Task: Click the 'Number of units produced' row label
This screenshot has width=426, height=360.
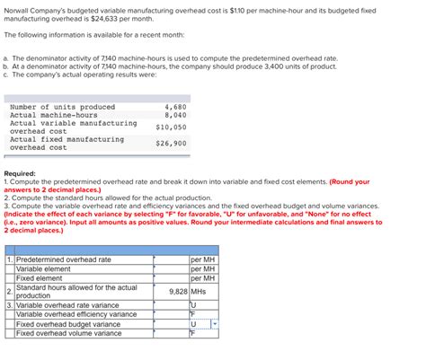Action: [x=62, y=107]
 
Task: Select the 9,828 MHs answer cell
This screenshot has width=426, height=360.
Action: [x=187, y=292]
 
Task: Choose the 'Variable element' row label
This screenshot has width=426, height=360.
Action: [x=43, y=268]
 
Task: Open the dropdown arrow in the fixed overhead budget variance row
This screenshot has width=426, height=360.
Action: [x=215, y=324]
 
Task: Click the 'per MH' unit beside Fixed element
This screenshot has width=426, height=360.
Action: [x=203, y=277]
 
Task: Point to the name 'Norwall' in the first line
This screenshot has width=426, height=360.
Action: [x=17, y=7]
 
